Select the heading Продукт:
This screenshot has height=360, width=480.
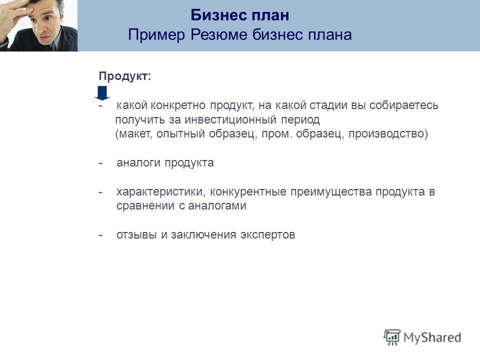point(125,76)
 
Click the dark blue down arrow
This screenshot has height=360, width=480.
point(102,93)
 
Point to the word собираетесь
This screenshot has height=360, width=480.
point(404,105)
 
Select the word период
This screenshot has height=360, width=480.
point(300,119)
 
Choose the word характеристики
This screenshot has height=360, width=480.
point(160,192)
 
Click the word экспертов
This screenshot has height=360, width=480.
point(267,235)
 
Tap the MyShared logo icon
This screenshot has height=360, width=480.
point(392,337)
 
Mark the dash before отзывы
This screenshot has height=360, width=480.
point(100,235)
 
